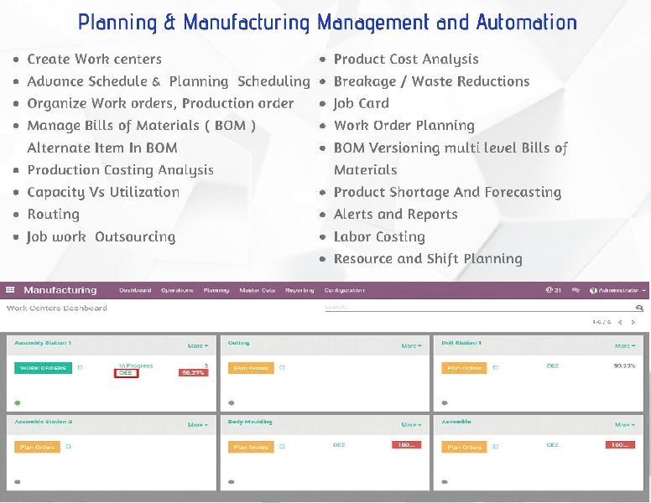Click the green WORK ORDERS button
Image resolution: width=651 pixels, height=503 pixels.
click(43, 368)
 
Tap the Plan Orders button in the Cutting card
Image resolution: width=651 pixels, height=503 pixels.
click(251, 368)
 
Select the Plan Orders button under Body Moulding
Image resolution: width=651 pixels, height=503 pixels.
click(251, 447)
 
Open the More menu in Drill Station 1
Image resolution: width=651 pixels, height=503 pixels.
click(624, 345)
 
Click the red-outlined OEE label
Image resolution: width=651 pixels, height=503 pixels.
click(126, 373)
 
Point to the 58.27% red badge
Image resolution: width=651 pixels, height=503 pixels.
click(193, 372)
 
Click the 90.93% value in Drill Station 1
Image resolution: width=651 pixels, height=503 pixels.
click(624, 366)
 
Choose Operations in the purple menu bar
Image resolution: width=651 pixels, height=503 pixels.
click(177, 290)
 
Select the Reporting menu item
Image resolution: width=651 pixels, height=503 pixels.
click(299, 290)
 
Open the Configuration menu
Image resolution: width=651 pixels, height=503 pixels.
click(344, 290)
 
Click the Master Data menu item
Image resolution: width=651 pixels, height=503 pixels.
click(258, 290)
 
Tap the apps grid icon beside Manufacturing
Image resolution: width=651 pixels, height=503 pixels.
click(10, 290)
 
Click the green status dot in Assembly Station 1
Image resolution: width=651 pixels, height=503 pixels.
click(17, 402)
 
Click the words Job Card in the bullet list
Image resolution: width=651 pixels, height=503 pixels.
click(361, 103)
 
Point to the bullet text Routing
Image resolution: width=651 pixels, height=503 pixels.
click(53, 214)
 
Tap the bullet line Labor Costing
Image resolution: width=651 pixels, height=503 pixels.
click(379, 236)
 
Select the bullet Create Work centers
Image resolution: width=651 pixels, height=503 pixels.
click(94, 59)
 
